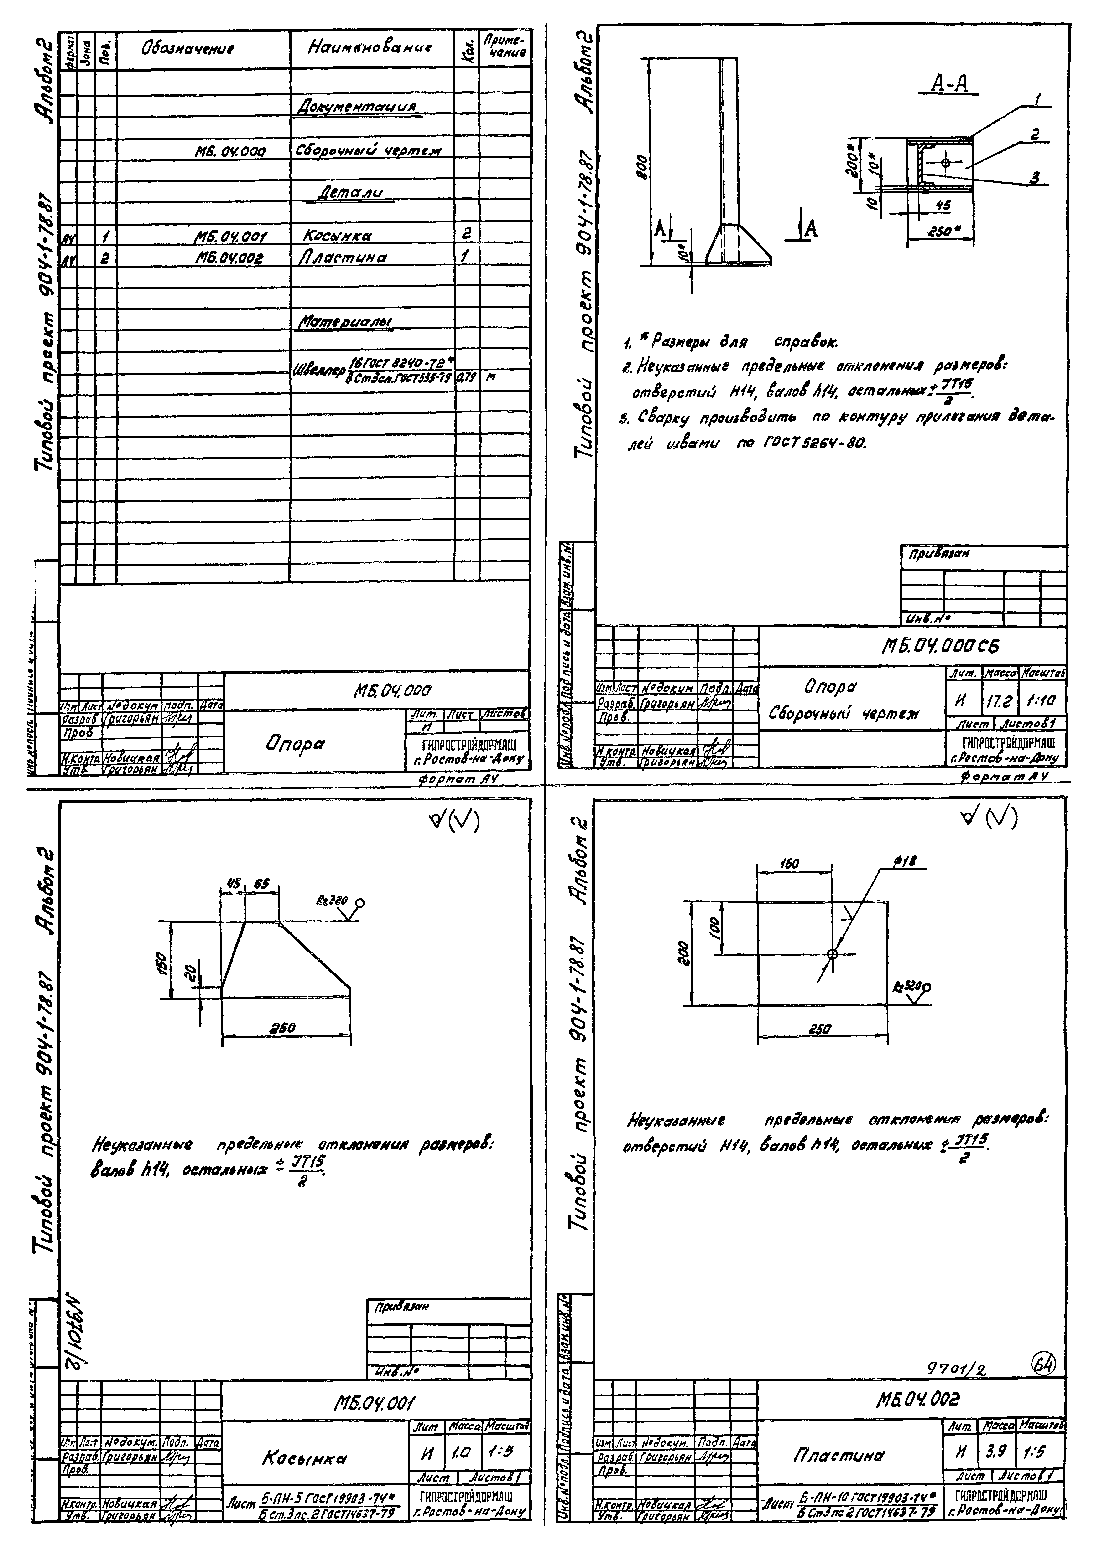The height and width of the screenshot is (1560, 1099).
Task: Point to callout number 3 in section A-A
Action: [1034, 178]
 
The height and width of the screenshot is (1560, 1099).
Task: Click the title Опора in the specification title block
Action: [294, 744]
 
